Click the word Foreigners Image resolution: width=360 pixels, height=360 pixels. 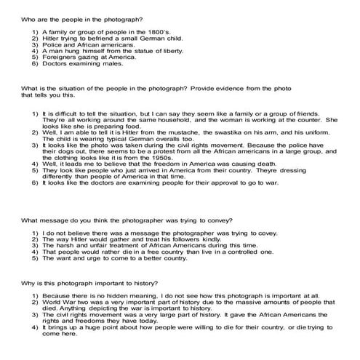coord(58,59)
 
